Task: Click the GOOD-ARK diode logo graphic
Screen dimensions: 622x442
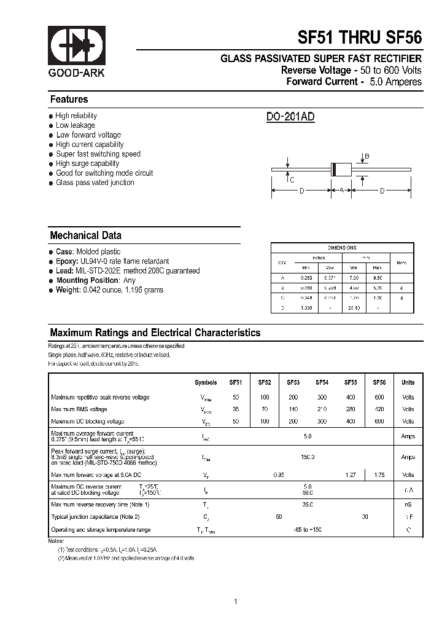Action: (x=77, y=46)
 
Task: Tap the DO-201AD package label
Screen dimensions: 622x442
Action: (x=290, y=117)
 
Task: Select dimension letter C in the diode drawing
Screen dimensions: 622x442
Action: (x=292, y=179)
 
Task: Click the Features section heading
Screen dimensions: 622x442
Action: (x=69, y=100)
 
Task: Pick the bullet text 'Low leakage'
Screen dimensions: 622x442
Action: (x=75, y=125)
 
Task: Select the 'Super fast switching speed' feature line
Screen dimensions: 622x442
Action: (x=98, y=154)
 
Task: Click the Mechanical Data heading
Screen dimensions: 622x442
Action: (x=85, y=235)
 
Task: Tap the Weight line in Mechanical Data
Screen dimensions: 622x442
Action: (x=109, y=290)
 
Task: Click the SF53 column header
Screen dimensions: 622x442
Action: (x=293, y=382)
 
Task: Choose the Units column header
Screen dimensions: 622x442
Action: (x=408, y=382)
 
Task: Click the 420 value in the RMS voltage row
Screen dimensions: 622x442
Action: (x=379, y=409)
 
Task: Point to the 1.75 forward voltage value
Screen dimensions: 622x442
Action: (x=379, y=474)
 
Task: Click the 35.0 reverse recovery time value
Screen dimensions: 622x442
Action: (x=308, y=505)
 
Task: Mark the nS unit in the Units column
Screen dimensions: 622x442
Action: (x=408, y=505)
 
